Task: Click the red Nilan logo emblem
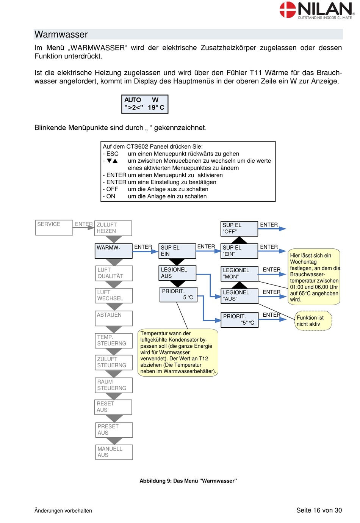[288, 9]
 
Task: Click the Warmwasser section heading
[61, 34]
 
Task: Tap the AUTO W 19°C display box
[145, 104]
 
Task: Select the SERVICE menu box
[54, 228]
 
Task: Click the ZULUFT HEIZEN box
[113, 228]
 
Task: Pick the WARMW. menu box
[114, 251]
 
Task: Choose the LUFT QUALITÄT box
[114, 273]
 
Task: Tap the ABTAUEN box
[114, 318]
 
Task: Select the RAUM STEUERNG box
[114, 385]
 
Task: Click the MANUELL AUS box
[114, 452]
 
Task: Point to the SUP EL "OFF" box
[239, 229]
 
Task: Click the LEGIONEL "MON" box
[239, 274]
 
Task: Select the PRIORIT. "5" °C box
[239, 320]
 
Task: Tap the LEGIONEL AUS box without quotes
[177, 273]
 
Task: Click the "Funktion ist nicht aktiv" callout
[313, 320]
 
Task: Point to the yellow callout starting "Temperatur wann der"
[178, 353]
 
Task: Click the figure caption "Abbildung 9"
[188, 481]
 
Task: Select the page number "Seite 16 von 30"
[319, 510]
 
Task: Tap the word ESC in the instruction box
[113, 154]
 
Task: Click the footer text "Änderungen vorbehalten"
[63, 510]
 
